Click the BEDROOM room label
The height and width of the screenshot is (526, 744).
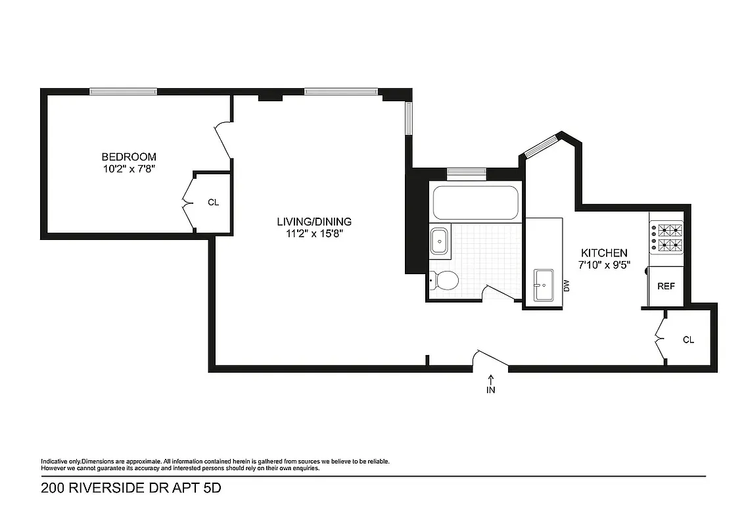pyautogui.click(x=129, y=157)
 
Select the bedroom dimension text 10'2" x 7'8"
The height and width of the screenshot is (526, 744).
pyautogui.click(x=129, y=169)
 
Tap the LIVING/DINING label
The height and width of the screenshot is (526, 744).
pyautogui.click(x=314, y=222)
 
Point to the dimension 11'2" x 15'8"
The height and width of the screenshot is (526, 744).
pyautogui.click(x=314, y=233)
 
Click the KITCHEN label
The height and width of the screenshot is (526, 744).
pyautogui.click(x=603, y=253)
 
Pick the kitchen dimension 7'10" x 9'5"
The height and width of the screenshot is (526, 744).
pyautogui.click(x=603, y=265)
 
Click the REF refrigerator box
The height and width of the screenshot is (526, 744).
pyautogui.click(x=666, y=287)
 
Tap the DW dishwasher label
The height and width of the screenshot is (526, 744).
pyautogui.click(x=566, y=285)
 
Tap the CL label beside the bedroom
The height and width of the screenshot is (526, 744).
pyautogui.click(x=213, y=203)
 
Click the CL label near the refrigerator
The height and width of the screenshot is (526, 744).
pyautogui.click(x=688, y=340)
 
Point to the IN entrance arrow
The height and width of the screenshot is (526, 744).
pyautogui.click(x=490, y=385)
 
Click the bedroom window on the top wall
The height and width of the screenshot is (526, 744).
pyautogui.click(x=123, y=91)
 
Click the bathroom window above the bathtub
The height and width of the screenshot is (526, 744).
pyautogui.click(x=466, y=174)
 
